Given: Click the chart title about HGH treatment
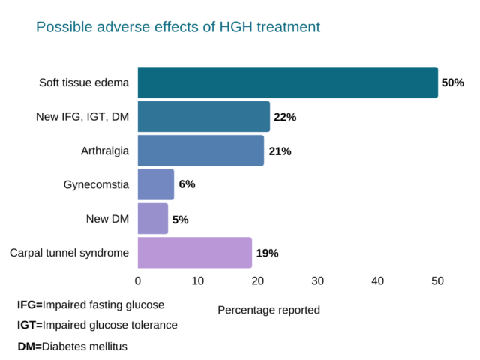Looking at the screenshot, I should coord(178,27).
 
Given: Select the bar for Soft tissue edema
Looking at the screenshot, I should coord(287,82).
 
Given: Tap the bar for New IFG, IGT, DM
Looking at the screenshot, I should coord(203,117).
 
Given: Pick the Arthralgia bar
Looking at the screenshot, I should coord(200,151).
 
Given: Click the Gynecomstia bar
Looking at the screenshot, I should coord(155,184).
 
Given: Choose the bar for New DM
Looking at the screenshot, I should coord(152,218).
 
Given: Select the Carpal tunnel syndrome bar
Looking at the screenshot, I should coord(194,253).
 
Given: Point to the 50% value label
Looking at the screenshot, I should coord(452,82).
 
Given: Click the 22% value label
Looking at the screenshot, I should coord(285,117).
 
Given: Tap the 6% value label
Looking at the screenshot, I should coord(187,184).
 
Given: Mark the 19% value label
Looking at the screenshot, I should coord(267,253).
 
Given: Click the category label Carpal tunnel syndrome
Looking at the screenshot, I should coord(69,253).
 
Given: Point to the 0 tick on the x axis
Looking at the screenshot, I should coord(138,280).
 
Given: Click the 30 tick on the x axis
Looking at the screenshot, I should coord(317,280).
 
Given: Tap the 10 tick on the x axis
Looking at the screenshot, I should coord(198,280).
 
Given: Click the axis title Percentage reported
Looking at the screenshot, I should coord(268,310).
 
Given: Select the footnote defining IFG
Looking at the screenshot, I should coord(91,305).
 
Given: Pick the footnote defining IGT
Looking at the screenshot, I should coord(97,325).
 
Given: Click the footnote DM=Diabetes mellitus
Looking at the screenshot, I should coord(73,346).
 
